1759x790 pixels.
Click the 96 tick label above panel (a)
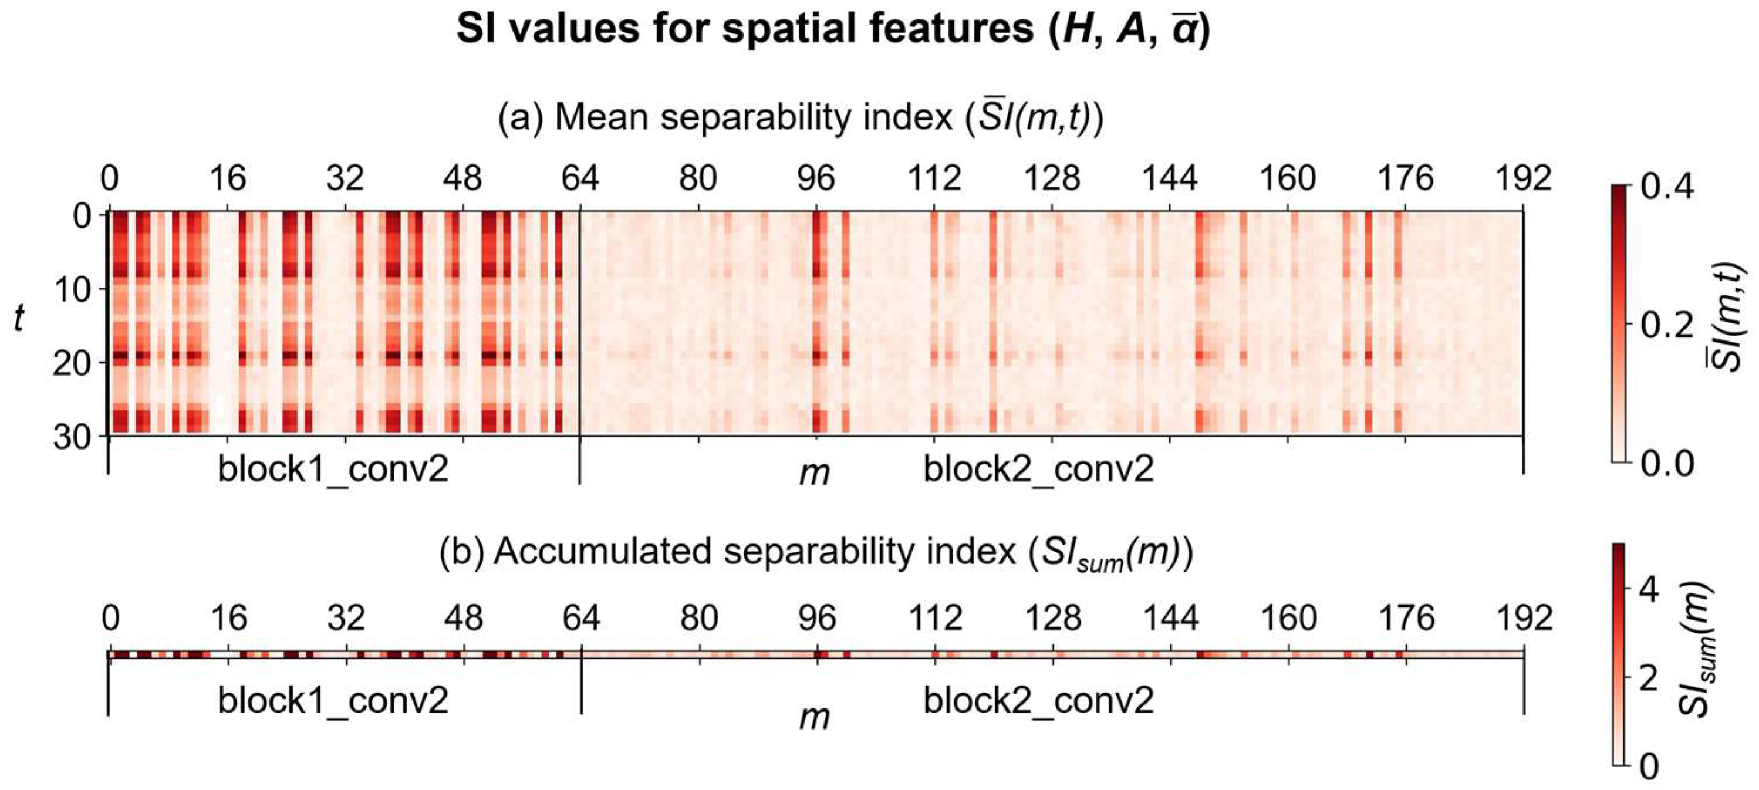pyautogui.click(x=816, y=180)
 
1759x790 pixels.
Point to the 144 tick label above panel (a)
pyautogui.click(x=1170, y=180)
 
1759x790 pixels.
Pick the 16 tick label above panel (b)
pyautogui.click(x=228, y=619)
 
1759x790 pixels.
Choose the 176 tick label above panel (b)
pyautogui.click(x=1406, y=619)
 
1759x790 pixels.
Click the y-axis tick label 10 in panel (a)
pyautogui.click(x=72, y=290)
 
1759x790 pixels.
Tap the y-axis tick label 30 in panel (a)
pyautogui.click(x=72, y=437)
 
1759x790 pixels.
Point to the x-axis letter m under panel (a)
pyautogui.click(x=815, y=473)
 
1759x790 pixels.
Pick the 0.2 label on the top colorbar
pyautogui.click(x=1667, y=325)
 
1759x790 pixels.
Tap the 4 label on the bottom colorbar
pyautogui.click(x=1649, y=589)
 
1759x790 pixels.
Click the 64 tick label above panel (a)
pyautogui.click(x=580, y=180)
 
